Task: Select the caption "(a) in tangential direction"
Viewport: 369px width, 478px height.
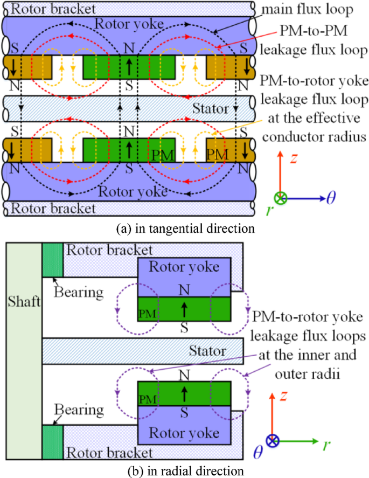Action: (185, 228)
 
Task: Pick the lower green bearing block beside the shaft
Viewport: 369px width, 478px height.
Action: (53, 442)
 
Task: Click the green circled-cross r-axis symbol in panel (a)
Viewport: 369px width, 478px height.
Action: (281, 198)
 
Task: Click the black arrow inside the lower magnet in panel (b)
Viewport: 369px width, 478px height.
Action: (184, 392)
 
